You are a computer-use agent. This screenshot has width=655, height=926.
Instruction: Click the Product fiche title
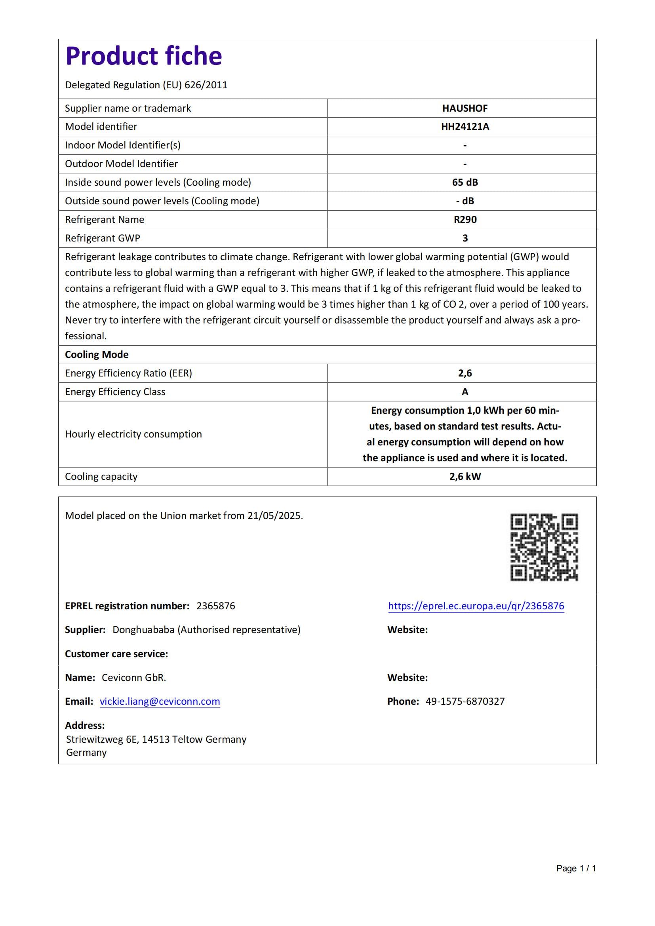click(144, 56)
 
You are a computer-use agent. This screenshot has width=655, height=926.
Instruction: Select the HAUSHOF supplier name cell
click(465, 108)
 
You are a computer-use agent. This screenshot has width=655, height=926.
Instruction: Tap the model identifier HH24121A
click(465, 127)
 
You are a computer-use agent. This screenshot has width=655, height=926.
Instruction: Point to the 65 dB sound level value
click(465, 182)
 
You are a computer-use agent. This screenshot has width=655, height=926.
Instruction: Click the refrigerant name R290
click(465, 219)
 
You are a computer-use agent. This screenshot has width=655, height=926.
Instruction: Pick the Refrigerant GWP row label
click(103, 238)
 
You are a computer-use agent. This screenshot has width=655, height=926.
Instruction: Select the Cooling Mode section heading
click(97, 354)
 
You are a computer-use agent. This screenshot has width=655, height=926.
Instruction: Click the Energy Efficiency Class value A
click(465, 392)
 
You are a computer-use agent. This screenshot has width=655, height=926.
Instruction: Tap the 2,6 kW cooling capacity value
click(465, 476)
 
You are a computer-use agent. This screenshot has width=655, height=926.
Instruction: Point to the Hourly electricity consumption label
click(133, 434)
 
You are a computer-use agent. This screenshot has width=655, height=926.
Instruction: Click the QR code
click(544, 547)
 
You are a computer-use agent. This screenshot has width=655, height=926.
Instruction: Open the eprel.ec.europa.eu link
click(476, 606)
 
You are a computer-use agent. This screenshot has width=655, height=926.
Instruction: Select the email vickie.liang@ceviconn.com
click(160, 702)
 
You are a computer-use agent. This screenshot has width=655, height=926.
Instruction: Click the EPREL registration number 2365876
click(216, 606)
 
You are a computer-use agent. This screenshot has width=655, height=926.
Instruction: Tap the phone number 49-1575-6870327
click(465, 702)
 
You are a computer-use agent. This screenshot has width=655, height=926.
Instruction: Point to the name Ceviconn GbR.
click(134, 677)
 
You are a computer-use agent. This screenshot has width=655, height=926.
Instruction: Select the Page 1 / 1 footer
click(575, 868)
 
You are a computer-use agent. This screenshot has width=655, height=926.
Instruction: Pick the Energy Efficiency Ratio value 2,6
click(465, 373)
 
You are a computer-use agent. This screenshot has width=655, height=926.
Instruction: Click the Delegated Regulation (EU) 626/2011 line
click(146, 85)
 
